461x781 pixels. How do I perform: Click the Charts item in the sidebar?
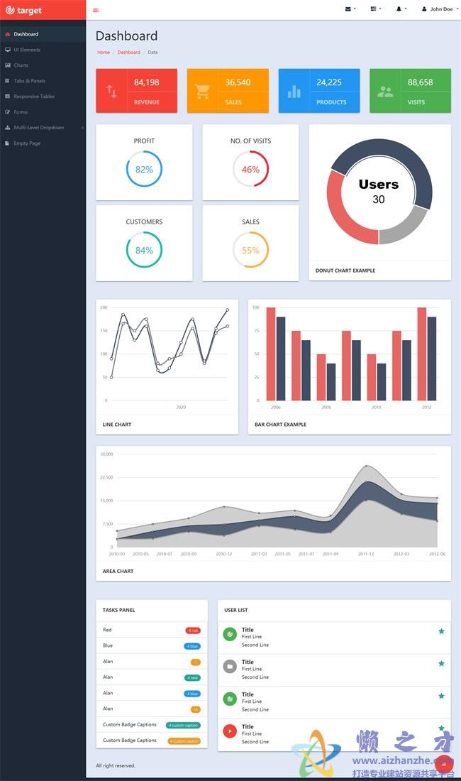coord(21,65)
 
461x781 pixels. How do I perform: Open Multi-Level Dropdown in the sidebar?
coord(38,128)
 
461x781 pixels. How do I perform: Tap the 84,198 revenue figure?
coord(146,82)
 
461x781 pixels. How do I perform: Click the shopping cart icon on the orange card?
coord(202,91)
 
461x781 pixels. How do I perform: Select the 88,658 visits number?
coord(420,82)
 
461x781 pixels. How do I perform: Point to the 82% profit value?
coord(144,170)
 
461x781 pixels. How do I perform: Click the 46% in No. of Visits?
coord(250,170)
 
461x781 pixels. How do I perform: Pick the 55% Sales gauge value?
coord(250,251)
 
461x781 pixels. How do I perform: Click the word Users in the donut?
coord(379,185)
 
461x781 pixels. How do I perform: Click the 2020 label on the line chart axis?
coord(181,408)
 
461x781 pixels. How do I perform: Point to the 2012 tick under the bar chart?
coord(426,408)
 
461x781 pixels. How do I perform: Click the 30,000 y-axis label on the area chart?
coord(106,454)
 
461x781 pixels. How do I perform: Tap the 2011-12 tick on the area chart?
coord(366,554)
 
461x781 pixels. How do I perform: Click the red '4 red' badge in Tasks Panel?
coord(192,630)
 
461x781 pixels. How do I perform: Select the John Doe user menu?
coord(439,9)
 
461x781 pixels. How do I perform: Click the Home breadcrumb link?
coord(104,53)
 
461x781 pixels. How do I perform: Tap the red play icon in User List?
coord(230,731)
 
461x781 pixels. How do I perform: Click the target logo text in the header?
coord(29,11)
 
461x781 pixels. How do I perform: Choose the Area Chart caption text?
coord(118,571)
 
